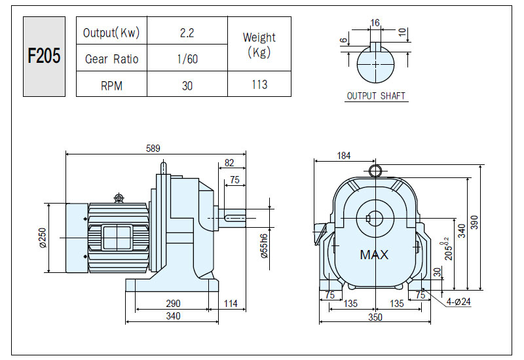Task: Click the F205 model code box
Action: point(44,56)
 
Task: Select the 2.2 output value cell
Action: point(187,33)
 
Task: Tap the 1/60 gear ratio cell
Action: point(187,59)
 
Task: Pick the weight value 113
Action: point(259,84)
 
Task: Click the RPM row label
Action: point(111,86)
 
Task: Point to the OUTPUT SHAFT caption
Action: point(376,96)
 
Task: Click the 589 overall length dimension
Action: point(153,149)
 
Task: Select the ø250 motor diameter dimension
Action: point(43,238)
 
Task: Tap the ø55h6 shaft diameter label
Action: point(264,246)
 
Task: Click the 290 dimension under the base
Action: point(173,303)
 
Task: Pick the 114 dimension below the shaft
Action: point(231,303)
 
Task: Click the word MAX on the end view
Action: point(374,255)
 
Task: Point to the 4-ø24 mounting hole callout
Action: point(458,302)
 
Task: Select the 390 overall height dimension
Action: point(474,223)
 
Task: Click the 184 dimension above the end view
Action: point(343,156)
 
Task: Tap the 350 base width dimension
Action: point(375,317)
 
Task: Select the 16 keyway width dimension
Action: point(375,23)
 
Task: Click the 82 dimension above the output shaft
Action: point(229,162)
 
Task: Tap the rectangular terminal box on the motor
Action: point(117,238)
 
